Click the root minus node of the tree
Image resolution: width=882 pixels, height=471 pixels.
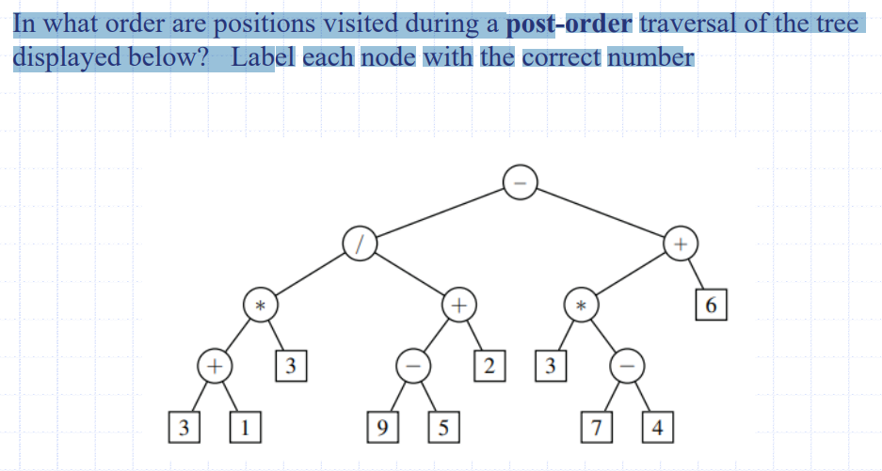pos(521,180)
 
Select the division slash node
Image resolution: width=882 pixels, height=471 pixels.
pos(360,243)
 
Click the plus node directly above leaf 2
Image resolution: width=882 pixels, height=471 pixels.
pos(458,305)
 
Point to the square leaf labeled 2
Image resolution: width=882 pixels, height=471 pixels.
pos(487,365)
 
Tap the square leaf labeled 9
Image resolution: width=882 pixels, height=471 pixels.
pos(381,427)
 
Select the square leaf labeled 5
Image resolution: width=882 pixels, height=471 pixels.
pos(442,427)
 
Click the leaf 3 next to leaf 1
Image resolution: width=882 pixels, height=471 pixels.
pos(184,427)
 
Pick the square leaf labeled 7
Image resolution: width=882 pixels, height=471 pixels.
pos(596,427)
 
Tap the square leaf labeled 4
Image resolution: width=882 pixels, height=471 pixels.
pos(657,427)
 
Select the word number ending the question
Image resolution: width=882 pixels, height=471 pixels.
pos(650,57)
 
